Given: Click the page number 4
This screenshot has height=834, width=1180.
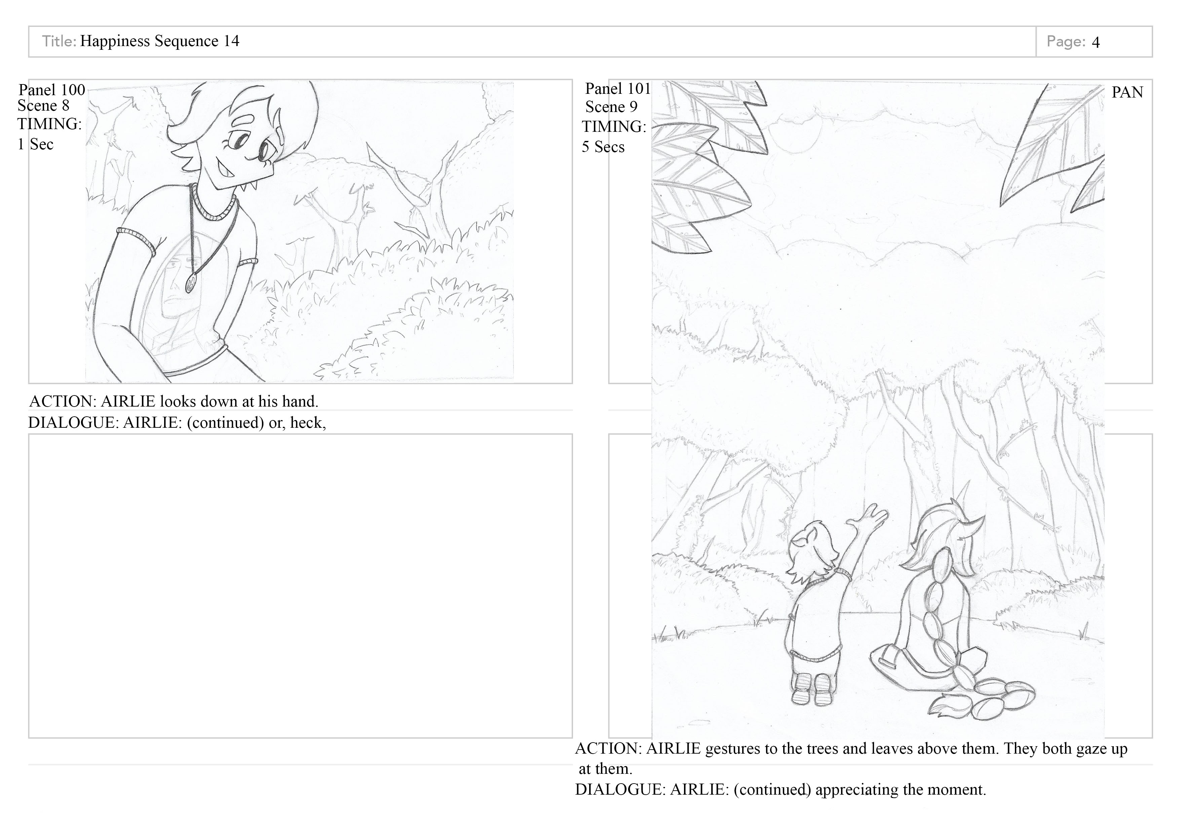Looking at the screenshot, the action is [1095, 42].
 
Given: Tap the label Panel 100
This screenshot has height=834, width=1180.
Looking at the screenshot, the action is [52, 90].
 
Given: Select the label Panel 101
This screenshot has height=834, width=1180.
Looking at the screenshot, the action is [618, 89].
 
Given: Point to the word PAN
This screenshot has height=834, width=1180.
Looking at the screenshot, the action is [1127, 92].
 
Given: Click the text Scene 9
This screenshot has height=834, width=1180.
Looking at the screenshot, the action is [611, 107].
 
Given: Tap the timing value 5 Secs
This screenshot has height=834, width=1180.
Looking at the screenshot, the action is [603, 147].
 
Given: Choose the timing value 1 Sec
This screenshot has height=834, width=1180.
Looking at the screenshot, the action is [35, 144].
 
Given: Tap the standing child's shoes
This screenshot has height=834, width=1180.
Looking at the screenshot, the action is [811, 689].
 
